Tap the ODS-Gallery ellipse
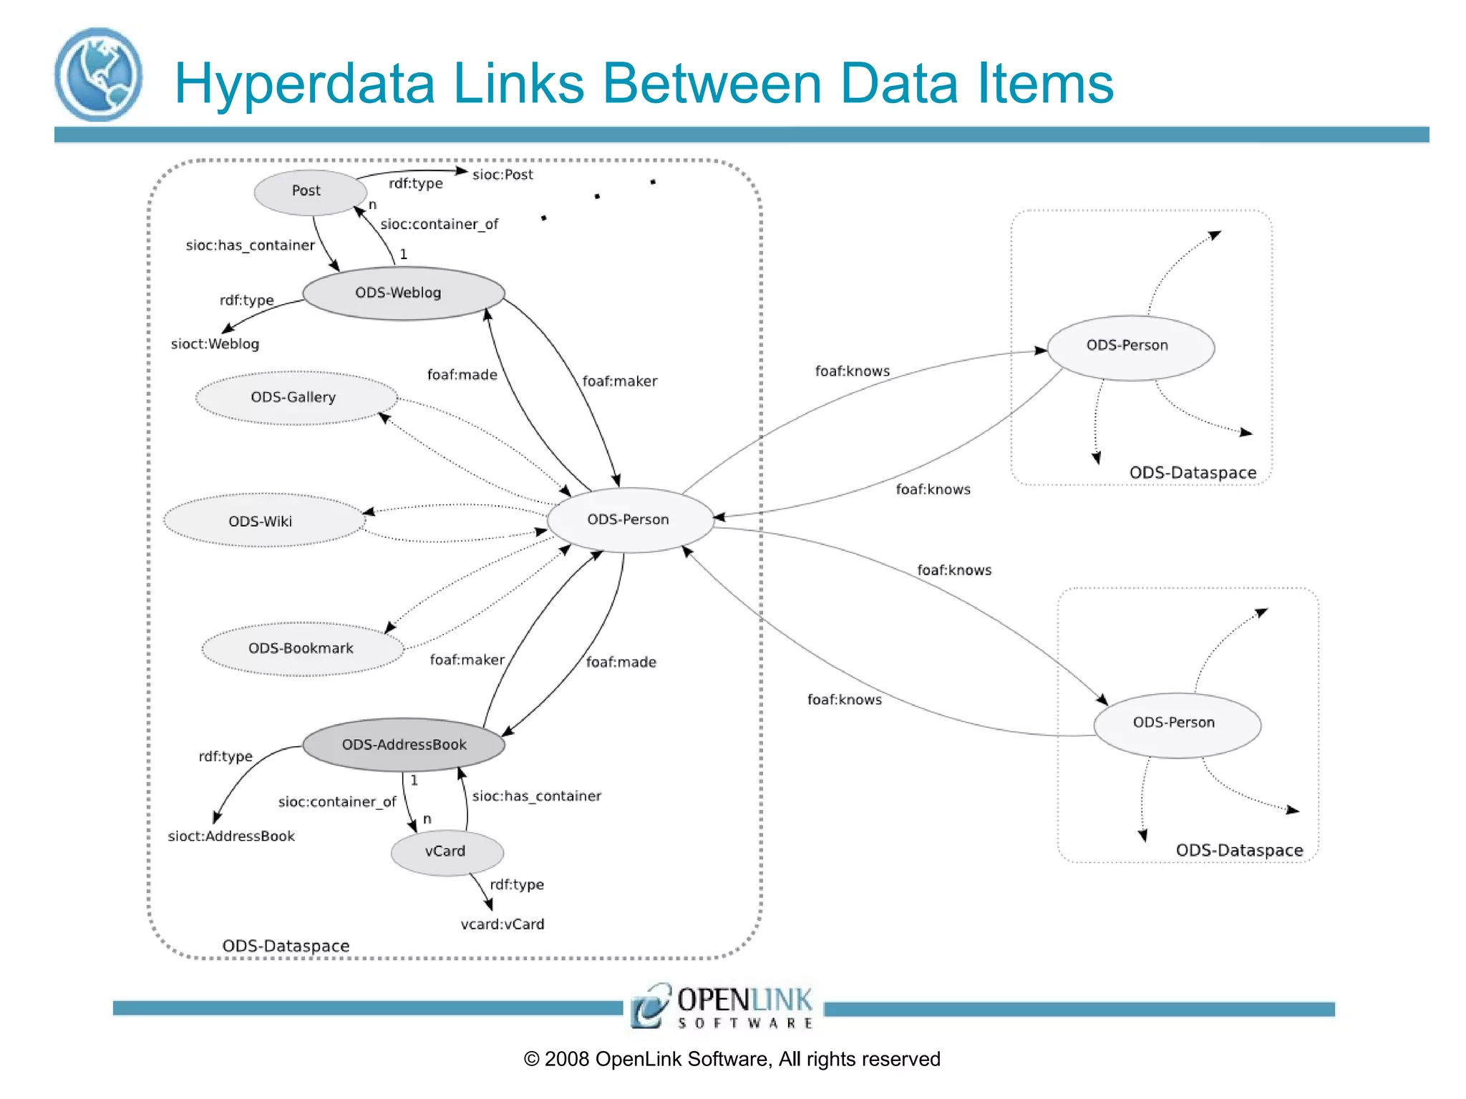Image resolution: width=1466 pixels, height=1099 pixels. tap(296, 398)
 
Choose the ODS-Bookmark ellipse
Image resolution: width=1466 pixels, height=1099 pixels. tap(302, 648)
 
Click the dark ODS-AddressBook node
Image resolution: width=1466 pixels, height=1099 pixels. tap(404, 744)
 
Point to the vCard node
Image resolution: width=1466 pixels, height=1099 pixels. tap(447, 851)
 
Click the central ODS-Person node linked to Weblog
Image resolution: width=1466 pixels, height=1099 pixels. tap(629, 519)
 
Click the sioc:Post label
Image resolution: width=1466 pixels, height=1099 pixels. tap(503, 175)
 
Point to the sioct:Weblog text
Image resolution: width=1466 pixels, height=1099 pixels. tap(215, 344)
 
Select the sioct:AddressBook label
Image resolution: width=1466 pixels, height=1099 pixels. tap(231, 836)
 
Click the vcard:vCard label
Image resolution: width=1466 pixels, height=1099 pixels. tap(503, 924)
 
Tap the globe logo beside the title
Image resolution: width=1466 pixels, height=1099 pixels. tap(98, 74)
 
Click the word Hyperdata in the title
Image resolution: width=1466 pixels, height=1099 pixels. tap(304, 84)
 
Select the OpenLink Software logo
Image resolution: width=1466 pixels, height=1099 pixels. tap(722, 1006)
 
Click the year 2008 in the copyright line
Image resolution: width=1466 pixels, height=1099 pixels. tap(567, 1060)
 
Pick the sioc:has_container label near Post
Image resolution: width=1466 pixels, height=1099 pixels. tap(250, 245)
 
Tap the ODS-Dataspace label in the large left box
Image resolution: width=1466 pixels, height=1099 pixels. tap(286, 946)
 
